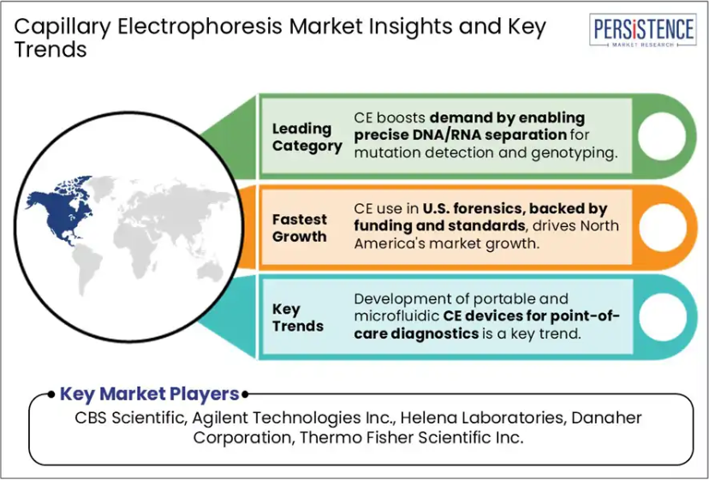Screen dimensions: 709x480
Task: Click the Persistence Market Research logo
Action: click(642, 30)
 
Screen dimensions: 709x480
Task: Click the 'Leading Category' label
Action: click(307, 137)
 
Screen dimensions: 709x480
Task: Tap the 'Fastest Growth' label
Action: click(300, 228)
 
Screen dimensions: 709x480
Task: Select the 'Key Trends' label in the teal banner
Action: click(297, 317)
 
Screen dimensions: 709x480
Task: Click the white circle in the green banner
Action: click(662, 136)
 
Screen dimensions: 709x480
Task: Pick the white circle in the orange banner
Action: click(663, 227)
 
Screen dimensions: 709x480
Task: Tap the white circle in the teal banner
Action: click(663, 317)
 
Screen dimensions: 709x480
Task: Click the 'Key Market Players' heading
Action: click(149, 394)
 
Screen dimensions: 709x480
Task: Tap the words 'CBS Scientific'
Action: click(130, 417)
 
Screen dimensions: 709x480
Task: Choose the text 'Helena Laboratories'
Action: click(483, 417)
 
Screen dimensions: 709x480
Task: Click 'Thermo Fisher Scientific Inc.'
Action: click(411, 437)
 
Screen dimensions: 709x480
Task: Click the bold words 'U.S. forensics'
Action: click(474, 208)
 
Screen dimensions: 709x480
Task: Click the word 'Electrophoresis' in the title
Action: click(200, 27)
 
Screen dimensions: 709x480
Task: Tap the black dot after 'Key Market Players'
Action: click(245, 394)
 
